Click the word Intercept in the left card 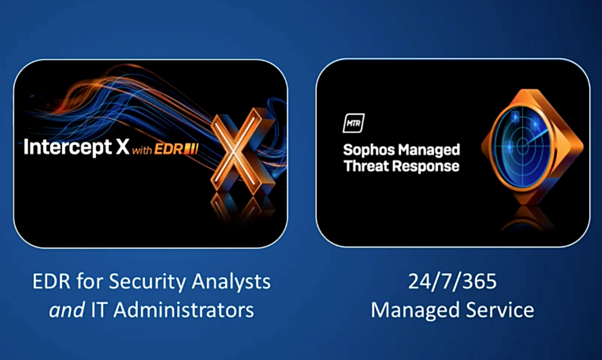(x=67, y=148)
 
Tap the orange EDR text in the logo (x=169, y=149)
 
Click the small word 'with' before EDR (x=142, y=150)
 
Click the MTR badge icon (x=353, y=123)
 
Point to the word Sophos (x=364, y=150)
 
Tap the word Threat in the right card (x=366, y=166)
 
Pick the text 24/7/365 (x=452, y=281)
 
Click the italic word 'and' (x=67, y=310)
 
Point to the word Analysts (x=231, y=282)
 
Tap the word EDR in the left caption (x=51, y=281)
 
